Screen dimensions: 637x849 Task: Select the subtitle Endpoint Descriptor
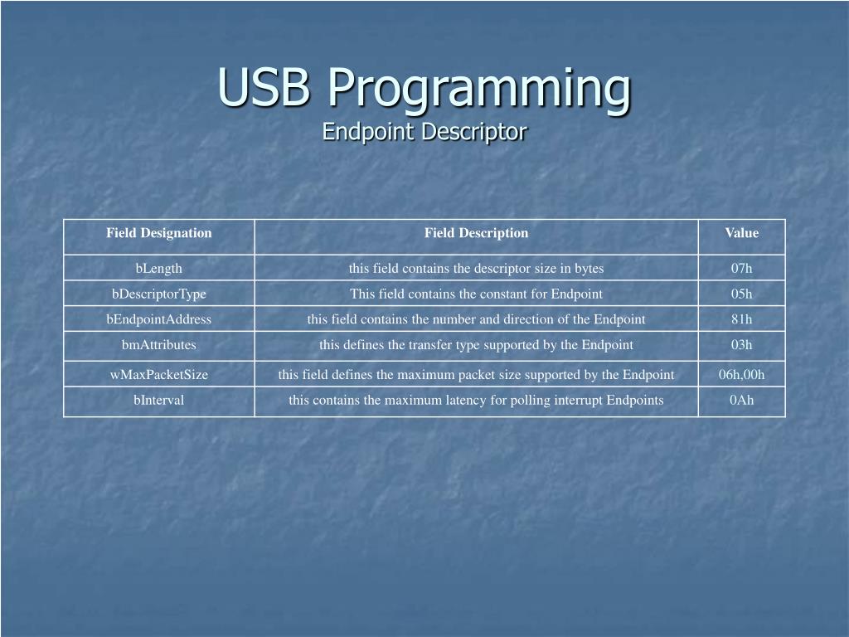coord(424,132)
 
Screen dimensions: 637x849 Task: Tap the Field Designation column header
coord(158,233)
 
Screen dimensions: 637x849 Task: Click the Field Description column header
coord(476,233)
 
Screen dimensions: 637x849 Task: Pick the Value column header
coord(741,233)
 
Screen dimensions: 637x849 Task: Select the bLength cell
coord(158,268)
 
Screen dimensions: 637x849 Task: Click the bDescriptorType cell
coord(158,294)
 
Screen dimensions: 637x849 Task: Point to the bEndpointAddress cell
coord(158,319)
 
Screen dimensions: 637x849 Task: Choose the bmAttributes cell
coord(158,345)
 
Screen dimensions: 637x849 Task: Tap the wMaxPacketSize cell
coord(158,375)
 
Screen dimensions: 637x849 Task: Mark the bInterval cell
coord(158,401)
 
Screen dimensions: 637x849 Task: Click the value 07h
coord(741,268)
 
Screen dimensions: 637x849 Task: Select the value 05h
coord(741,294)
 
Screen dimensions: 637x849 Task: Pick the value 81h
coord(741,319)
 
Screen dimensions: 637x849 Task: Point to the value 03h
coord(741,345)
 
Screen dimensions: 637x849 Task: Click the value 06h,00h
coord(741,375)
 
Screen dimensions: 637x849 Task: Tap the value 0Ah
coord(741,401)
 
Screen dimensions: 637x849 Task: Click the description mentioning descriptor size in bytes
coord(476,268)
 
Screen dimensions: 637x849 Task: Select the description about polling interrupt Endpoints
coord(476,401)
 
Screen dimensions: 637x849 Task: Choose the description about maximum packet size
coord(476,375)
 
